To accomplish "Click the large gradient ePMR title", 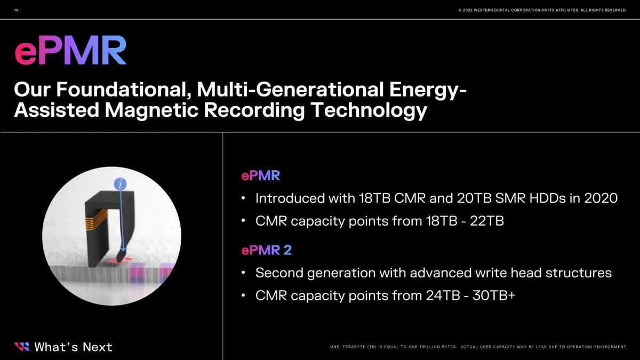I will tap(70, 51).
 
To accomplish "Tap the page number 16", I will tap(17, 10).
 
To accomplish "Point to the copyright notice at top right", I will tap(542, 10).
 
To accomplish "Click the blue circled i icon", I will tap(121, 185).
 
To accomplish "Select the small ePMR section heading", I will tap(260, 175).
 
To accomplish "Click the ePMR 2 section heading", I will tap(266, 250).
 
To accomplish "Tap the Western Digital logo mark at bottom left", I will tap(22, 347).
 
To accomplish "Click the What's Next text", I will tap(74, 347).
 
